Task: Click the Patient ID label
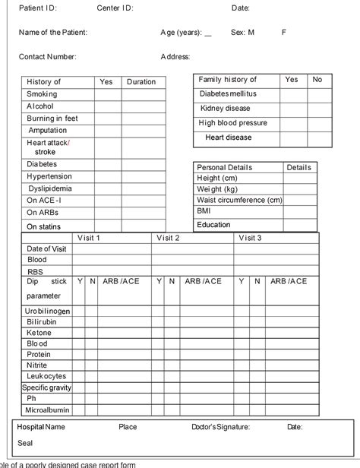37,8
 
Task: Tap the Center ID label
115,8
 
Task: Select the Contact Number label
48,56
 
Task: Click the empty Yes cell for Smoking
106,94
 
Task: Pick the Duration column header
141,81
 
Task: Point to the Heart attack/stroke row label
47,147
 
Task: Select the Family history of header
228,80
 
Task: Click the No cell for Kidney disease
318,109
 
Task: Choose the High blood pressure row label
232,123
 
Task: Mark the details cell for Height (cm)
300,178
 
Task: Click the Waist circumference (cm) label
239,200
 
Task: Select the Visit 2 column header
168,238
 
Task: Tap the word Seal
26,443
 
